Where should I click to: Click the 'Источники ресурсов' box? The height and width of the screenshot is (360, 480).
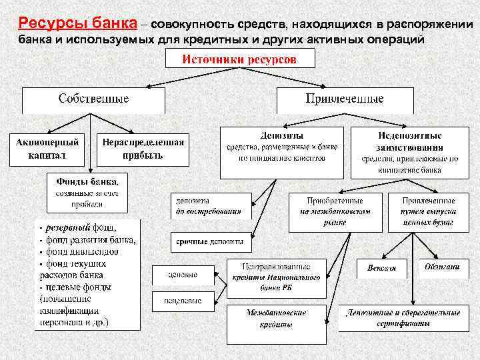point(239,60)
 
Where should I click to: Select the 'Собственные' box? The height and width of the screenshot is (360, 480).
point(93,99)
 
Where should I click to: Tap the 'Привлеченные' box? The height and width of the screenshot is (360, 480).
point(345,99)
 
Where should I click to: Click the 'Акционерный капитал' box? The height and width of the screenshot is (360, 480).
point(47,149)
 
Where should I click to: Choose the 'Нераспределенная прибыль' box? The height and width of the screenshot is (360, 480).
point(143,149)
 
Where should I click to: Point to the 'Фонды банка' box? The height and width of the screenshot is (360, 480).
point(87,192)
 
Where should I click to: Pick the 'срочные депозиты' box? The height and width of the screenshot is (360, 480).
point(209,241)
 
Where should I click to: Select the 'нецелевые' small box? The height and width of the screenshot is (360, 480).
point(183,301)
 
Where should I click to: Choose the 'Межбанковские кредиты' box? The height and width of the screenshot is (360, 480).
point(276,318)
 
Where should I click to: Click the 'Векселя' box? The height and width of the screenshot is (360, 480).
point(381,268)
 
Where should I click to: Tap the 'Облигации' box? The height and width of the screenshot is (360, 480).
point(442,267)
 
